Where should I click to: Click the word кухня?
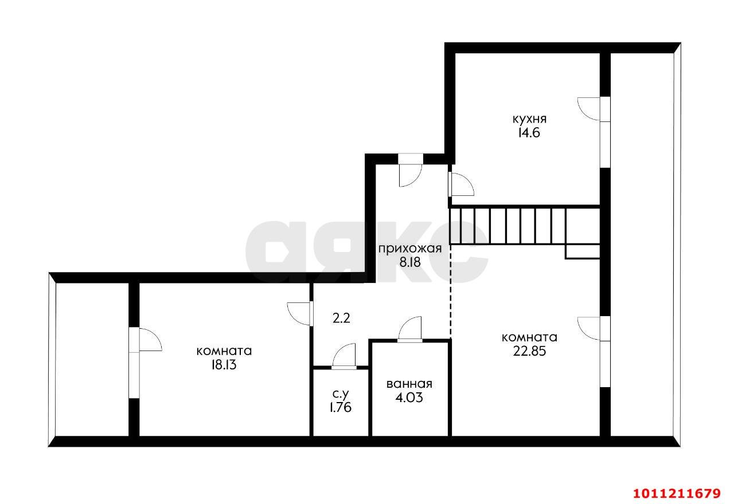[x=529, y=119]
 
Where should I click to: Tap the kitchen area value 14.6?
[x=528, y=133]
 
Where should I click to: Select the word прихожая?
[x=409, y=249]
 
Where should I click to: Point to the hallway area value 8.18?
[x=409, y=262]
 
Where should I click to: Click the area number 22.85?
[x=529, y=351]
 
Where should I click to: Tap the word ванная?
[x=409, y=384]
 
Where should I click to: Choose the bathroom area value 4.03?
[x=409, y=397]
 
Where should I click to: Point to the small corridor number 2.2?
[x=341, y=318]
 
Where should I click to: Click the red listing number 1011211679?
[x=676, y=493]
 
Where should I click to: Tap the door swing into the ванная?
[x=410, y=329]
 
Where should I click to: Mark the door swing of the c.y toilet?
[x=344, y=355]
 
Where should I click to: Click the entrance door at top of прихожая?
[x=410, y=172]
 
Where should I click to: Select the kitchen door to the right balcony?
[x=591, y=109]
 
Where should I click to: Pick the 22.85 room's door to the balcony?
[x=591, y=328]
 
